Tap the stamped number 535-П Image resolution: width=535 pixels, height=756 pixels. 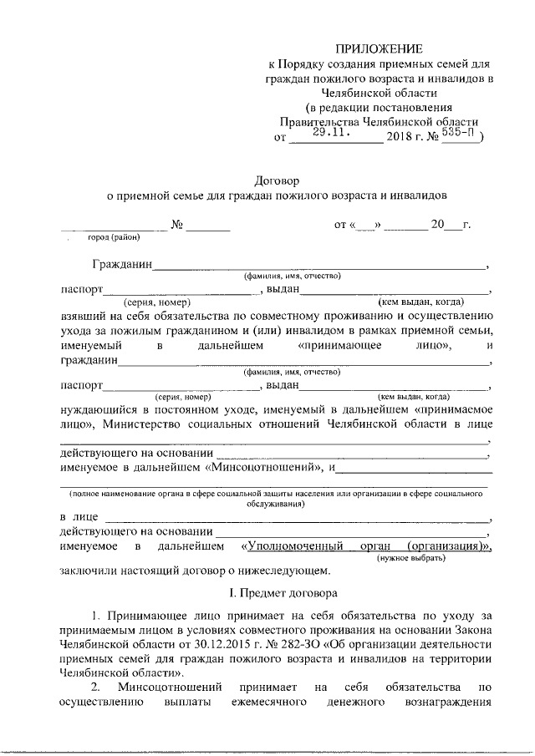point(461,132)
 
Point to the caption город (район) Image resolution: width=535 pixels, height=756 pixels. point(115,236)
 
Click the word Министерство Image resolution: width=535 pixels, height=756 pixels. point(142,424)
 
